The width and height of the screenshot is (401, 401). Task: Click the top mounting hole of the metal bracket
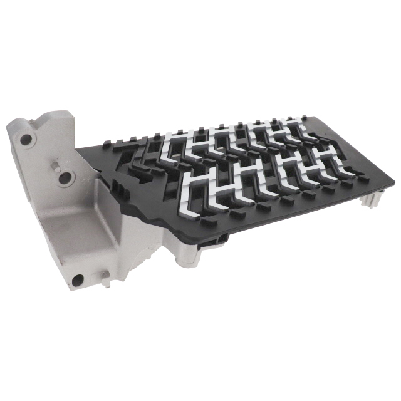tap(26, 140)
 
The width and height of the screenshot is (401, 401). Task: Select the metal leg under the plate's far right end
tap(373, 199)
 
